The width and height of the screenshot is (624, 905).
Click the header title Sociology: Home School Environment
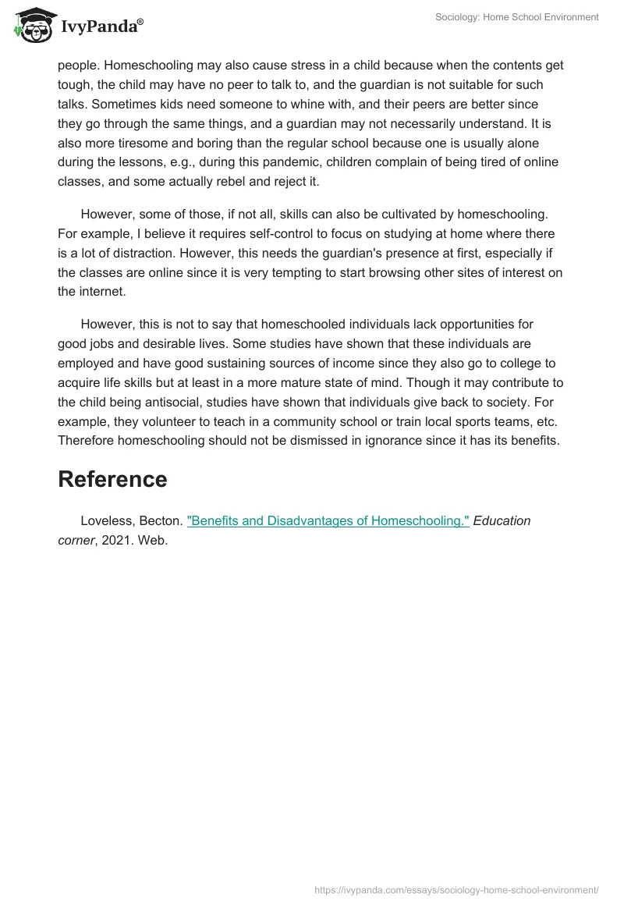pos(517,17)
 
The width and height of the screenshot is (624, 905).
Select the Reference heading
pos(112,479)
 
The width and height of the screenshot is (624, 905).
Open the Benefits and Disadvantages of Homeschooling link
pos(328,521)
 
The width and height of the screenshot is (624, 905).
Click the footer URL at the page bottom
pos(456,889)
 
